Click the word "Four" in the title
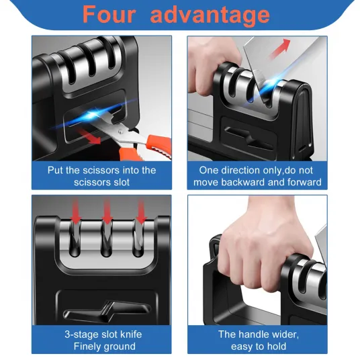tap(109, 14)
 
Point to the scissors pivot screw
tap(121, 132)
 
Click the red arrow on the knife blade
tap(279, 48)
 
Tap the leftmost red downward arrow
tap(76, 212)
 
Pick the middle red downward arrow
tap(107, 212)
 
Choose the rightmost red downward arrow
tap(141, 212)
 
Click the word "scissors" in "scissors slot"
tap(89, 183)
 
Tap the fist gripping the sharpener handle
tap(264, 251)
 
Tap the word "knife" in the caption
tap(131, 334)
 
